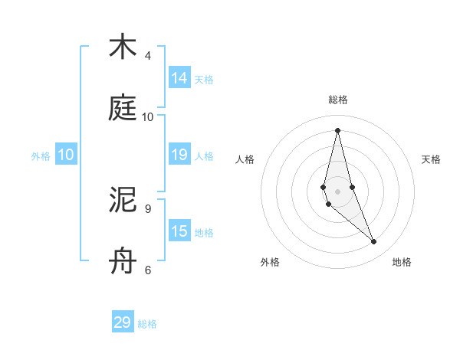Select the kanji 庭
(x=123, y=108)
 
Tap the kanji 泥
(x=123, y=200)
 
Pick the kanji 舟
(x=123, y=261)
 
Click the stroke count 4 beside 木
(x=148, y=56)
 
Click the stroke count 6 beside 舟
(x=148, y=270)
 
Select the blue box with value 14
(x=179, y=78)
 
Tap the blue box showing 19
(x=179, y=155)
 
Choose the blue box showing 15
(x=179, y=231)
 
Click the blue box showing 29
(x=123, y=322)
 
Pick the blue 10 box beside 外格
(x=66, y=155)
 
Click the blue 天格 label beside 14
(x=204, y=79)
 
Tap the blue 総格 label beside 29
(x=147, y=323)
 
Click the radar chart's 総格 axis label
(x=338, y=100)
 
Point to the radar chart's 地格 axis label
(x=402, y=262)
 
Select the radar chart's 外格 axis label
(x=270, y=262)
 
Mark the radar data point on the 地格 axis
(x=374, y=242)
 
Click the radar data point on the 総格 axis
(x=337, y=130)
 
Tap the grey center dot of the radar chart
(x=337, y=191)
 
